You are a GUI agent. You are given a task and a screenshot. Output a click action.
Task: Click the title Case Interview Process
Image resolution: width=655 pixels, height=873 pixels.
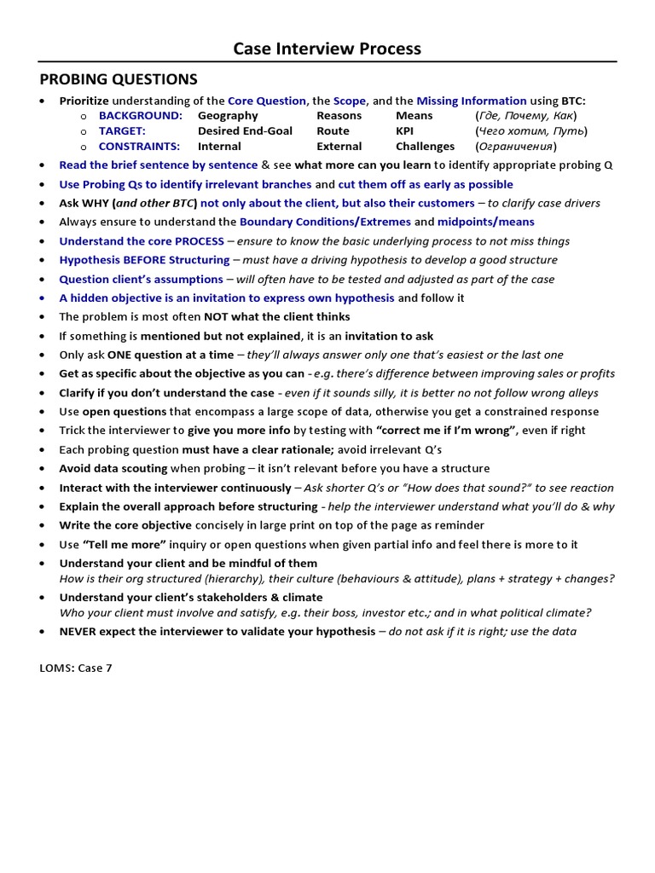(x=327, y=49)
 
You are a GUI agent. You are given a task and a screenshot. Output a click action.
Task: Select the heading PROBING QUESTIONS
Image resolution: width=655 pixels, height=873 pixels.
(x=119, y=79)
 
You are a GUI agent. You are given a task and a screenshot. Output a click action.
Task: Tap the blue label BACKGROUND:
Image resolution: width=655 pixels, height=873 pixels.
(x=141, y=115)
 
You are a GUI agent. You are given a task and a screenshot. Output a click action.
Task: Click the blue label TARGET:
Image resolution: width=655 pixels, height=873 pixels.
(x=122, y=130)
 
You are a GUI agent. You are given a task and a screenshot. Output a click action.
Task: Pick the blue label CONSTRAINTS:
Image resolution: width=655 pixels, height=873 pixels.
(x=139, y=146)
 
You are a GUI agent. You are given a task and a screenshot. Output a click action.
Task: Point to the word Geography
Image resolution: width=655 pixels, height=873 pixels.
(x=228, y=115)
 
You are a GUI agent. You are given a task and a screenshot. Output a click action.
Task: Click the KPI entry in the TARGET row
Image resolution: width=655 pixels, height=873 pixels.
(x=405, y=130)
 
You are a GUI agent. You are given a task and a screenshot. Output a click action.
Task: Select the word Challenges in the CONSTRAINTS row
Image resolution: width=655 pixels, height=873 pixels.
(x=425, y=146)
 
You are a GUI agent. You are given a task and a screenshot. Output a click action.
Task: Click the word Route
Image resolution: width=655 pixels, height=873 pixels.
(x=333, y=130)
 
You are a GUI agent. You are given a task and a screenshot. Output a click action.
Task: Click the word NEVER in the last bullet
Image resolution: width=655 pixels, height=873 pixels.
(x=78, y=631)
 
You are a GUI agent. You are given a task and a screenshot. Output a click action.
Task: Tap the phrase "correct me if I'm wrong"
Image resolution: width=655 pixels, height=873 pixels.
(x=446, y=430)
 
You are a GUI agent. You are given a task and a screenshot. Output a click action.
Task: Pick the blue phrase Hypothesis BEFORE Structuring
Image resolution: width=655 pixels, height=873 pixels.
(x=144, y=259)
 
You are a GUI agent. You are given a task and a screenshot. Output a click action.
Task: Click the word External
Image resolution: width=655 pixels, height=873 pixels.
(x=339, y=146)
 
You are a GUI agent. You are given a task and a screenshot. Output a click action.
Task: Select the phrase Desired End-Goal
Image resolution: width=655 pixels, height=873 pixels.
(x=245, y=130)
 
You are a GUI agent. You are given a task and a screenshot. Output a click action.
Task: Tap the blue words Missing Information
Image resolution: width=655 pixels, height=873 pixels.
(x=472, y=100)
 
